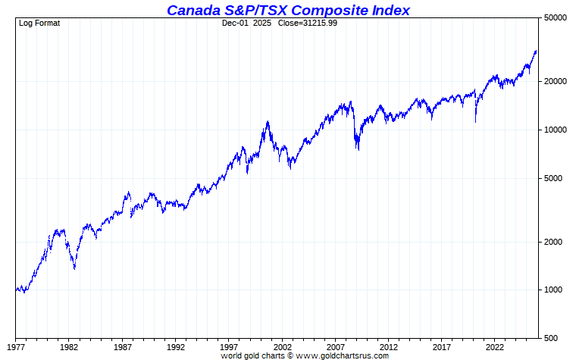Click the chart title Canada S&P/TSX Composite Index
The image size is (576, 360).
click(x=288, y=10)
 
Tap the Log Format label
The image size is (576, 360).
click(x=39, y=23)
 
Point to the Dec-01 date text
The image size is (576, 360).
click(x=235, y=23)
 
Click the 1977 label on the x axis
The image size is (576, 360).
click(x=16, y=347)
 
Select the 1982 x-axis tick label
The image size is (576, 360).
click(x=69, y=347)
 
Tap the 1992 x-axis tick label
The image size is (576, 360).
click(x=176, y=347)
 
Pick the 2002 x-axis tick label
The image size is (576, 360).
click(x=282, y=347)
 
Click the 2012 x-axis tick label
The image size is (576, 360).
click(x=389, y=347)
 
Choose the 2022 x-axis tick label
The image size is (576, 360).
click(x=495, y=347)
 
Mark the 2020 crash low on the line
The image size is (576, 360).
click(x=476, y=121)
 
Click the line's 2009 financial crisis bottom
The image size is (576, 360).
click(x=358, y=149)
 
